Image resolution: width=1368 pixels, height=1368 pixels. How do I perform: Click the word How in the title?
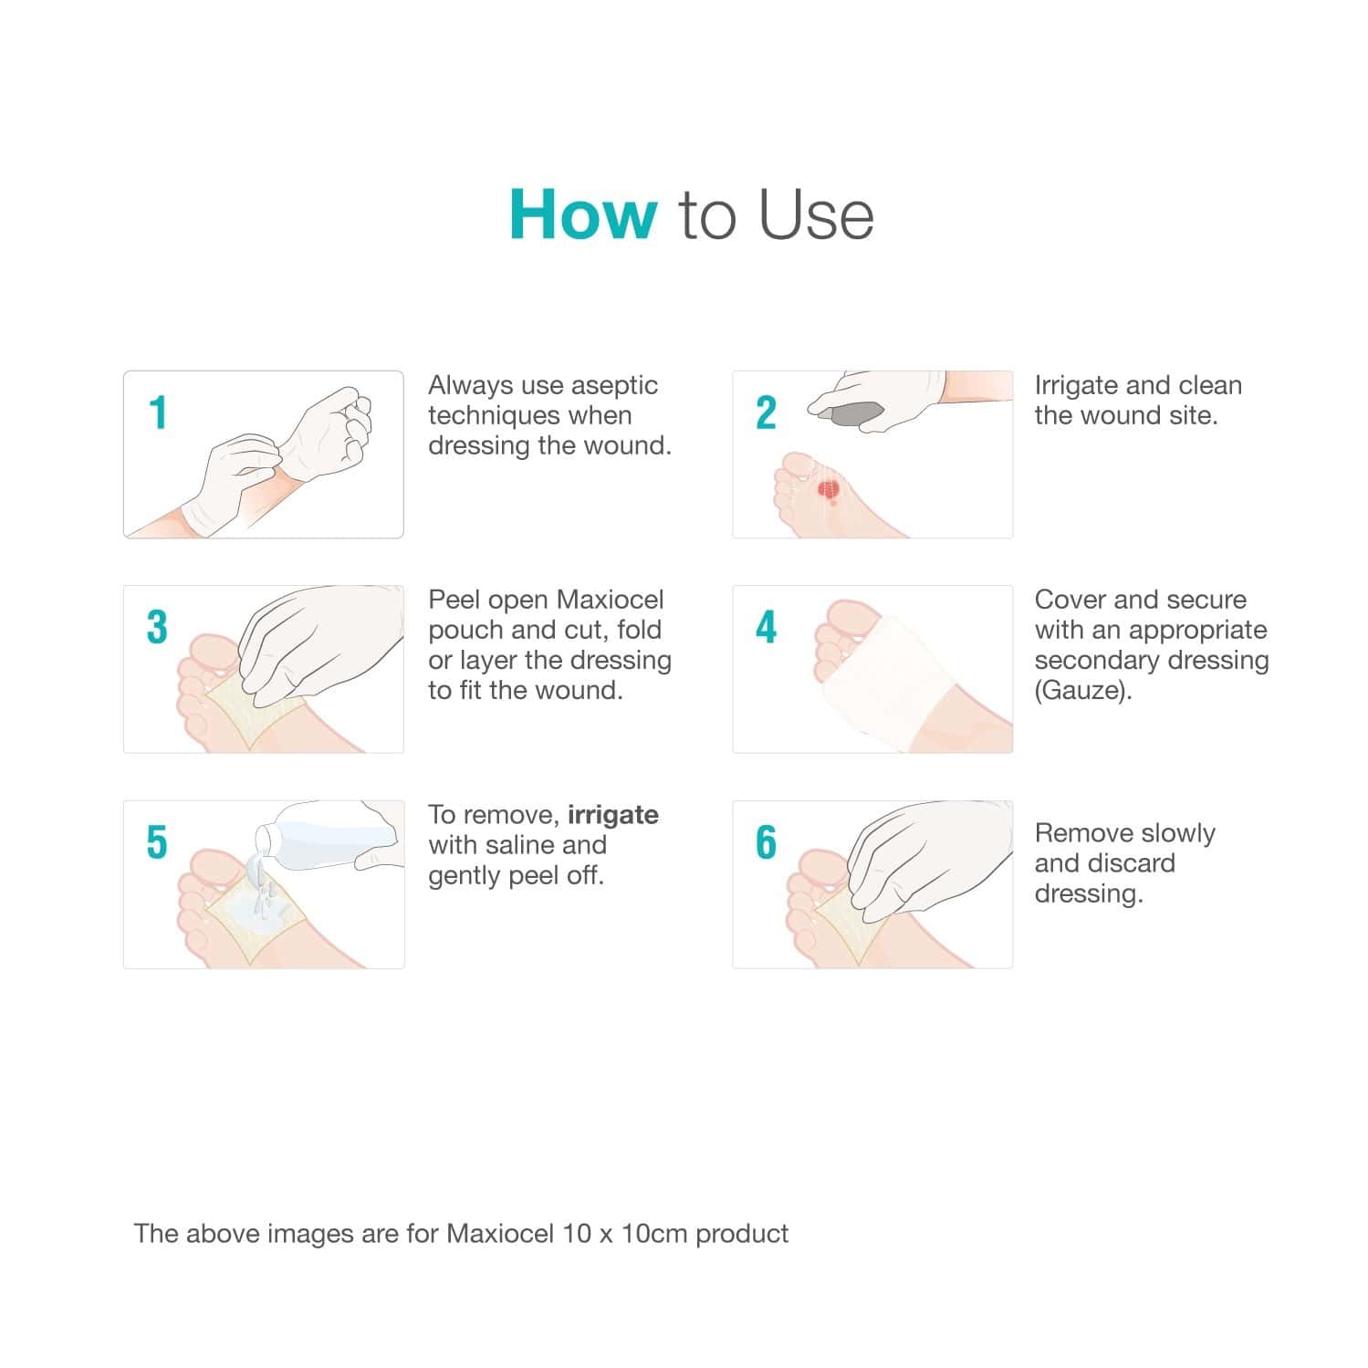[x=582, y=215]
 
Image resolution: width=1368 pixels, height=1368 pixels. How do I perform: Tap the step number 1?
[x=158, y=413]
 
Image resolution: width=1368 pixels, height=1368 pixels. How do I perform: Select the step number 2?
[x=766, y=413]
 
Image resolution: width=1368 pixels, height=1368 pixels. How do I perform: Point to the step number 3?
[x=157, y=628]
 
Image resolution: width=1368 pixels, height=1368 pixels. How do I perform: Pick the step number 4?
[x=766, y=628]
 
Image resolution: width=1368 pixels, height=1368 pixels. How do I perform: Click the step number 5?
[x=157, y=842]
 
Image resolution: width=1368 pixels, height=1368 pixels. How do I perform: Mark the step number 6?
[x=766, y=842]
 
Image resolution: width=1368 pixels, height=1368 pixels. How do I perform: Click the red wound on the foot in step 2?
[x=829, y=492]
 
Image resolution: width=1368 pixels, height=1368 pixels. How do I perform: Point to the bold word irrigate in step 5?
[x=612, y=814]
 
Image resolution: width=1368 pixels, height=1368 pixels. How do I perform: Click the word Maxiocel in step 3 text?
[x=610, y=600]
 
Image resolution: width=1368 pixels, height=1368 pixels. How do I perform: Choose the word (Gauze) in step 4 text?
[x=1082, y=690]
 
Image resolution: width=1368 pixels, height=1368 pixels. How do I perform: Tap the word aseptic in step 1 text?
[x=614, y=385]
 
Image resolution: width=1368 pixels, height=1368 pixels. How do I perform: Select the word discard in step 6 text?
[x=1130, y=863]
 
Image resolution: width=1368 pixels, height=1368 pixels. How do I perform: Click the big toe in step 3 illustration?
[x=212, y=650]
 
